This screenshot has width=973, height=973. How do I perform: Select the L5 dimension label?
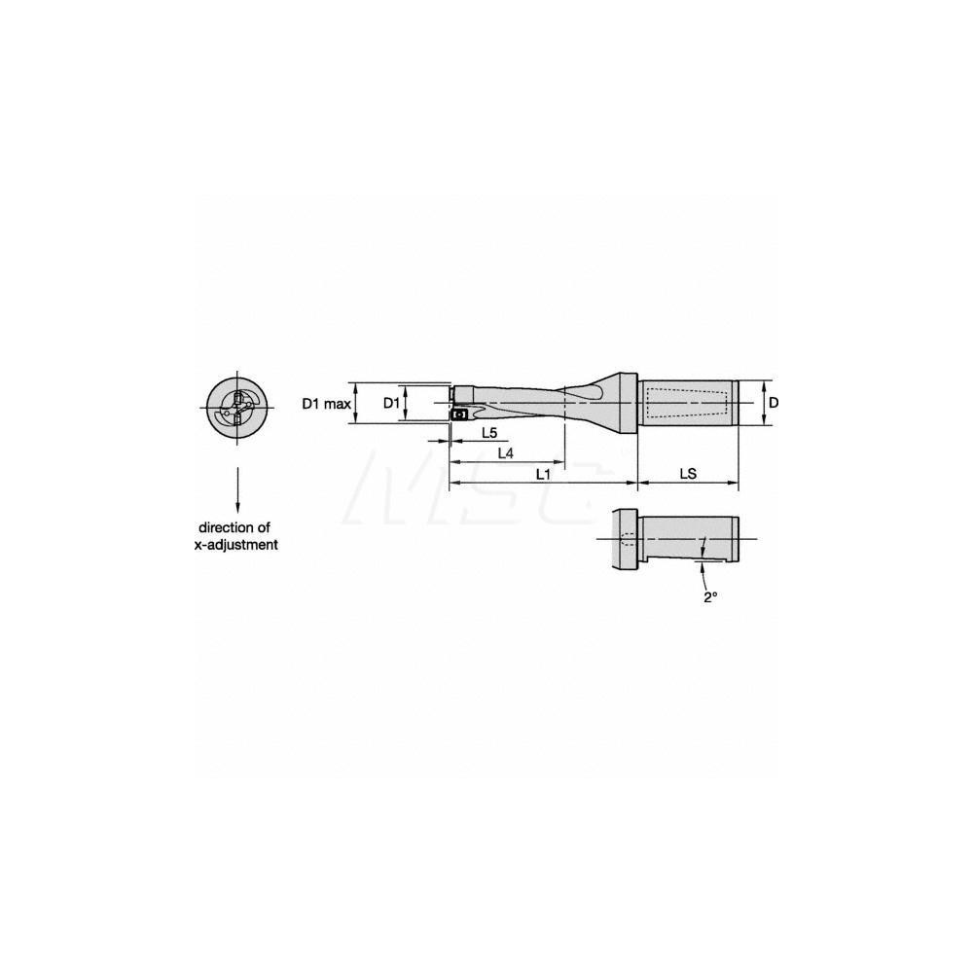point(488,432)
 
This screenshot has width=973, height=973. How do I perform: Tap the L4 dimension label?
point(506,453)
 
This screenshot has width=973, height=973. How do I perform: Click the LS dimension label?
point(687,474)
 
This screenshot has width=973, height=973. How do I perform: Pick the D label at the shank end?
point(774,402)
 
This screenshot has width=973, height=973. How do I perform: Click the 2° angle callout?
point(710,597)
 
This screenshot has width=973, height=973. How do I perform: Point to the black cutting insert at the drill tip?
point(459,414)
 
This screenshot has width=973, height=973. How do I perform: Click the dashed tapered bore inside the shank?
point(686,403)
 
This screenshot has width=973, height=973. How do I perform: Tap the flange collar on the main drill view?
point(626,402)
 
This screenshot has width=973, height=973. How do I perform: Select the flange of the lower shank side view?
point(623,540)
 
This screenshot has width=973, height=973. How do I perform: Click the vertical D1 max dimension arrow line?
point(358,403)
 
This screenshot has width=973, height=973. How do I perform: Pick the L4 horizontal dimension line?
point(506,463)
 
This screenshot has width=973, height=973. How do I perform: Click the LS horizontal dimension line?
point(687,484)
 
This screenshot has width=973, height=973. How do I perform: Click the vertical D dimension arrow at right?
point(762,402)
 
